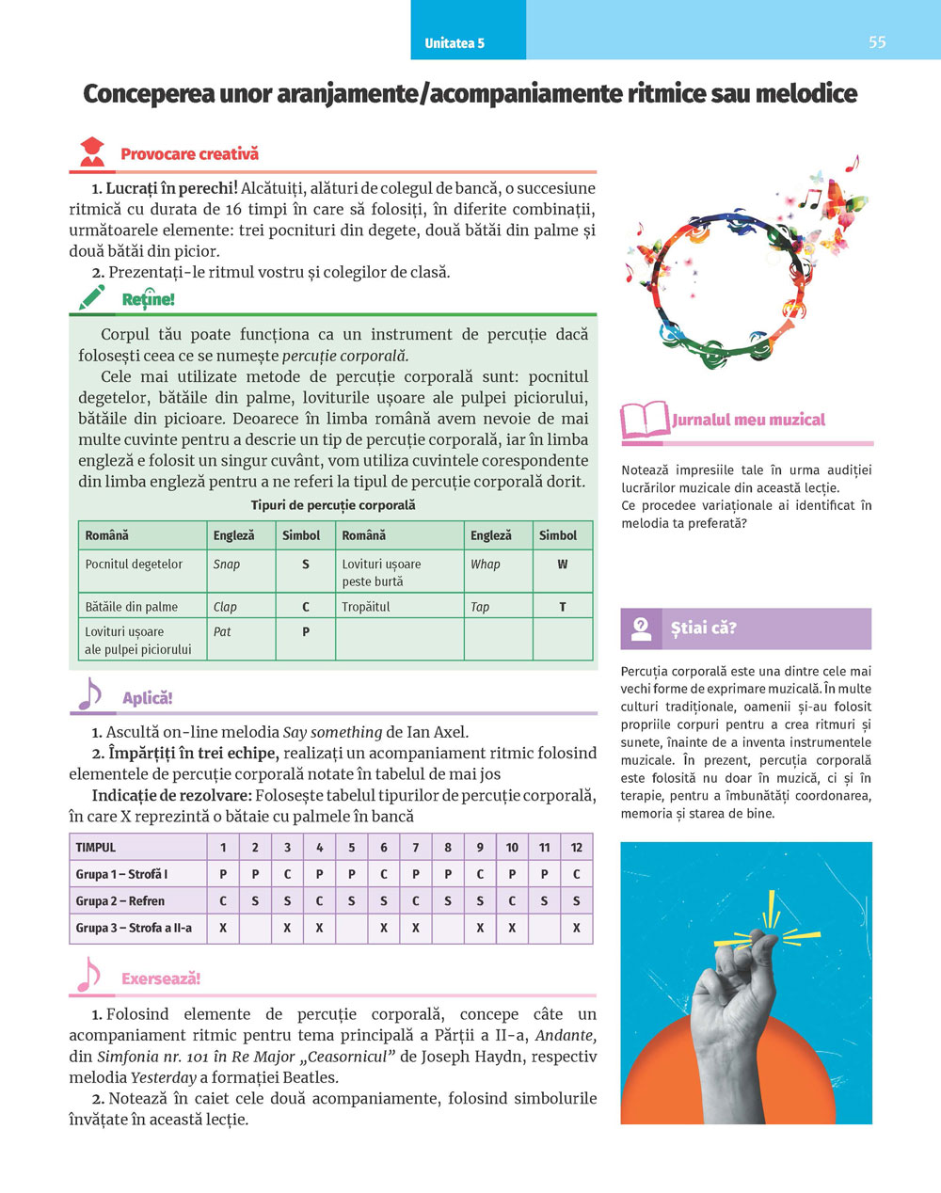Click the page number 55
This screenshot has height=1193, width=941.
pyautogui.click(x=877, y=42)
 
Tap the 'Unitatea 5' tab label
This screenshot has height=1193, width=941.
pyautogui.click(x=455, y=43)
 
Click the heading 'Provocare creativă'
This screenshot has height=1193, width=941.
pyautogui.click(x=189, y=154)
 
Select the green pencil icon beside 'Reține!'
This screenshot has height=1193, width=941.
pyautogui.click(x=92, y=297)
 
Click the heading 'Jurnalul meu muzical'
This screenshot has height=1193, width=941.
pyautogui.click(x=748, y=421)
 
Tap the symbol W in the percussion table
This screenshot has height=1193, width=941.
pyautogui.click(x=563, y=565)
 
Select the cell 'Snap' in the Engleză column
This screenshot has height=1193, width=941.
pyautogui.click(x=227, y=565)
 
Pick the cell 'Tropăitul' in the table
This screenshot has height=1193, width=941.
pyautogui.click(x=366, y=607)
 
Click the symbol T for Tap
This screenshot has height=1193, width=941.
pyautogui.click(x=563, y=607)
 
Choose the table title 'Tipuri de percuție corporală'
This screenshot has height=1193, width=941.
pyautogui.click(x=333, y=505)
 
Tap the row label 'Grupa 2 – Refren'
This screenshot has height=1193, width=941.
pyautogui.click(x=120, y=900)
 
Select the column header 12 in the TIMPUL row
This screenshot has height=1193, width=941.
pyautogui.click(x=577, y=847)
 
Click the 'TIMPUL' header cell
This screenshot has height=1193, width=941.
pyautogui.click(x=96, y=847)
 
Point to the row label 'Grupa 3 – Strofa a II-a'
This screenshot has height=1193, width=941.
pyautogui.click(x=134, y=928)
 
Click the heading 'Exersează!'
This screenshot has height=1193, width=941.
pyautogui.click(x=161, y=978)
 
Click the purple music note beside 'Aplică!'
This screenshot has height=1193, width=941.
pyautogui.click(x=88, y=696)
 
